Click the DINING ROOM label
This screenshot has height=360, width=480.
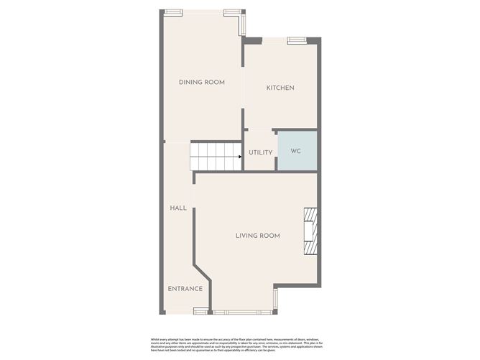202,83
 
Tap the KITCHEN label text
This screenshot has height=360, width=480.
280,88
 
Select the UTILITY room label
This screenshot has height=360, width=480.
260,152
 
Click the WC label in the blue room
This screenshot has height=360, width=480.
295,152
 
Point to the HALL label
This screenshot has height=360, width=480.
178,208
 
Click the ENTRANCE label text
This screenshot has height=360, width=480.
185,289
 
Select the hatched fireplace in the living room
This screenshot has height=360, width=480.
310,232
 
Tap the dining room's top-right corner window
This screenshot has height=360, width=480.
232,12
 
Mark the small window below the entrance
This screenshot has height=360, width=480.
200,311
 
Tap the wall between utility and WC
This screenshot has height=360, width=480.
277,150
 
